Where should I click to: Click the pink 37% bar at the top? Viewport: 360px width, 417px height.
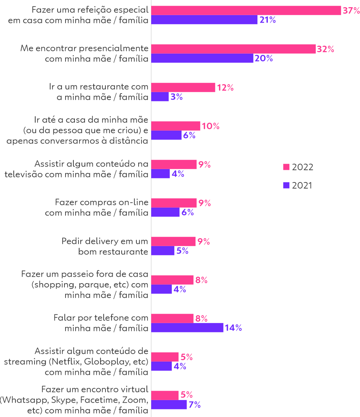click(x=246, y=10)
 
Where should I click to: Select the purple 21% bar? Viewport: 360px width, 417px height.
click(x=204, y=20)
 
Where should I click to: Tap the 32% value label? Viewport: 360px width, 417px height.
click(x=325, y=49)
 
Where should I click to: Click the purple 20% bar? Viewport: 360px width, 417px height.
click(x=202, y=59)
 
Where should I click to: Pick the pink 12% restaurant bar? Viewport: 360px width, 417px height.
click(x=183, y=87)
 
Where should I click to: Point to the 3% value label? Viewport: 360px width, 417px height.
click(x=176, y=97)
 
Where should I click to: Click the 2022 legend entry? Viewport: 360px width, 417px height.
click(x=298, y=167)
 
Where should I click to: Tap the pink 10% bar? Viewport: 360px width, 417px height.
click(x=176, y=126)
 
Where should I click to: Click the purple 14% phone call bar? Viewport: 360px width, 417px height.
click(x=187, y=328)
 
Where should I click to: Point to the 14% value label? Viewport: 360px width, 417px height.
click(x=233, y=328)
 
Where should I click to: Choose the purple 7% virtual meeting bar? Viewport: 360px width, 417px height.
click(x=169, y=405)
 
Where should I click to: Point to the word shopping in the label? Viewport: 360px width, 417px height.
click(x=54, y=285)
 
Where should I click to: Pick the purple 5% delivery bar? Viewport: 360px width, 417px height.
click(x=163, y=251)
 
